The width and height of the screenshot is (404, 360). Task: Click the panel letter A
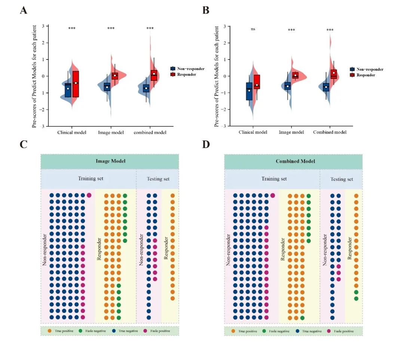coord(23,10)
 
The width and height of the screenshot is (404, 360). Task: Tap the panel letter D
coord(206,144)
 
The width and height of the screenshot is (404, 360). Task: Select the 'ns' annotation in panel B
coord(253,29)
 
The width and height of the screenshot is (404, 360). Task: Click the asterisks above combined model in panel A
coord(150,28)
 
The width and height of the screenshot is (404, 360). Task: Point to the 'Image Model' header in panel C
coord(110,161)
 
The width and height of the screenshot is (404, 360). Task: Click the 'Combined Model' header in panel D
coord(294,161)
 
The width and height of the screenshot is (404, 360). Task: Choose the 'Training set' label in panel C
coord(91,179)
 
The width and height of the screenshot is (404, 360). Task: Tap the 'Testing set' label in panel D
coord(342,179)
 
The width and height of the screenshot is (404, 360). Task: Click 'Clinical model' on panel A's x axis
coord(72,132)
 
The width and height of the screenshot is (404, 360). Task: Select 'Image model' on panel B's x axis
coord(291,132)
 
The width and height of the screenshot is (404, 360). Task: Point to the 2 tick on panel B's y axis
coord(224,43)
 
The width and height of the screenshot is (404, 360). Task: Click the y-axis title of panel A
coord(34,76)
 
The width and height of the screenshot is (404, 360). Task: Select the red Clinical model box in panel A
coord(76,84)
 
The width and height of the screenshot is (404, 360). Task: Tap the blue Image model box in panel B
coord(287,86)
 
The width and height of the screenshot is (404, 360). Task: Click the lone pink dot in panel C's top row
coord(89,195)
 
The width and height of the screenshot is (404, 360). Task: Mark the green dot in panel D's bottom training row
coord(302,318)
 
